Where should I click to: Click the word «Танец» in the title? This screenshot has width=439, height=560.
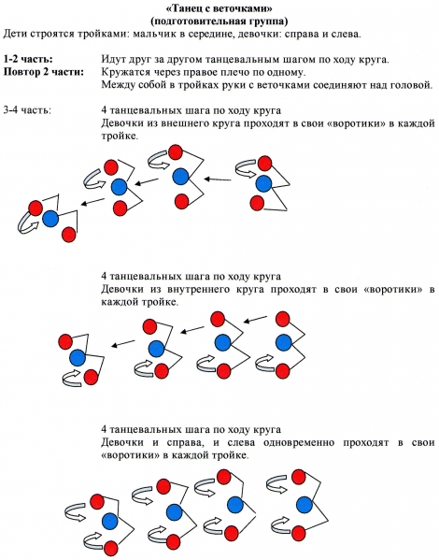(x=188, y=7)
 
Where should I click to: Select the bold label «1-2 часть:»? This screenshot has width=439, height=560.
(x=28, y=59)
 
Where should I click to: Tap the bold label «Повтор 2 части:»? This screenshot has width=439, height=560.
(x=44, y=72)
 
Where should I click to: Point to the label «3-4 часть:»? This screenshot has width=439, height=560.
(x=27, y=110)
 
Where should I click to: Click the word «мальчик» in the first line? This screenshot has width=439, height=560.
(x=154, y=35)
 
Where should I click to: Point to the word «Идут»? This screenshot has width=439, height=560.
(x=113, y=59)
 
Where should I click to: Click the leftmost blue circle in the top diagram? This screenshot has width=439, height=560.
(x=50, y=219)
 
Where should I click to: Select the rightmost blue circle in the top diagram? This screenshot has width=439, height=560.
(x=263, y=184)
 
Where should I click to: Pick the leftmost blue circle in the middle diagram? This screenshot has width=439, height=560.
(x=78, y=357)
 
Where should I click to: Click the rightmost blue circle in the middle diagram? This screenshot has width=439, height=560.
(x=284, y=342)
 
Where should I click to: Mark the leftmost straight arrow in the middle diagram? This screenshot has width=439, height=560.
(x=122, y=343)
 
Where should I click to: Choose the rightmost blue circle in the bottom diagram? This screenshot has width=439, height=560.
(x=304, y=505)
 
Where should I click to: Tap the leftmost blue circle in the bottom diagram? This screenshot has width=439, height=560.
(x=109, y=521)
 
